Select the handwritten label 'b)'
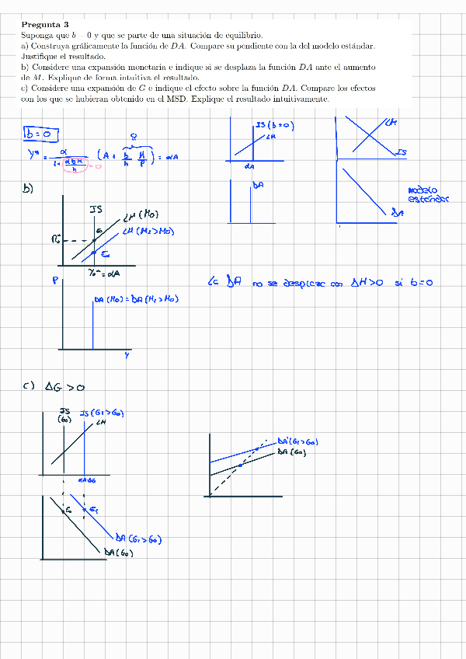[x=29, y=188]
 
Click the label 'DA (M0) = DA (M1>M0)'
[x=136, y=299]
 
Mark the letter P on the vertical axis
[x=55, y=281]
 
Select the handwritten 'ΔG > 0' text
[x=64, y=386]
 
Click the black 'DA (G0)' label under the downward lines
[x=119, y=553]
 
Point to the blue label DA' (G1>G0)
[x=297, y=441]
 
